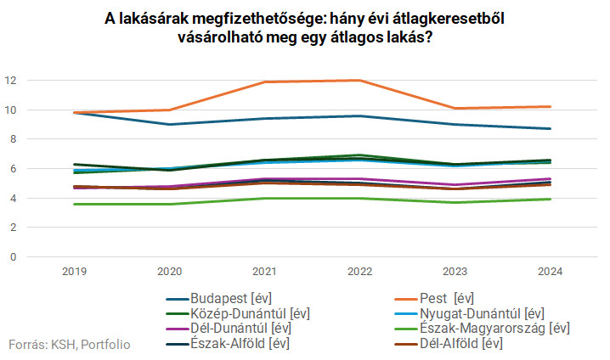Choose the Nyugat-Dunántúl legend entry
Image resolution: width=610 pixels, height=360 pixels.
(x=482, y=313)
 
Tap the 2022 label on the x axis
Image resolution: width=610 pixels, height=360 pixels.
(x=359, y=271)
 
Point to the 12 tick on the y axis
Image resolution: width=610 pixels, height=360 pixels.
(x=10, y=81)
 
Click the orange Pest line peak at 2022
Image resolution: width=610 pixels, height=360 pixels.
(x=359, y=81)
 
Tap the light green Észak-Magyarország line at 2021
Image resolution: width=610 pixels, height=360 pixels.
(x=265, y=198)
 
